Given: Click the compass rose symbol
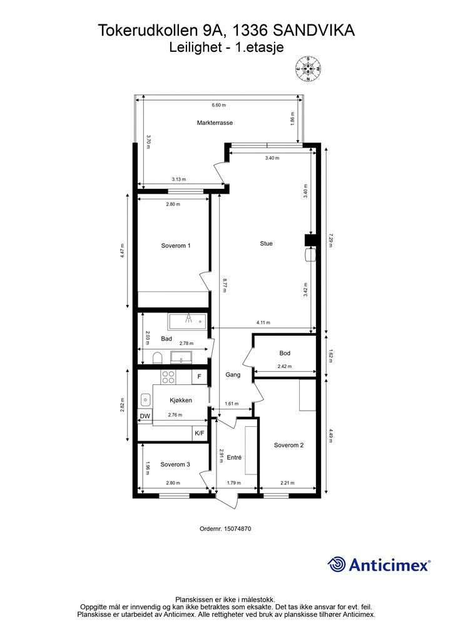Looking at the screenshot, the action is click(308, 68).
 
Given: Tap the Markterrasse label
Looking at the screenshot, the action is click(215, 122).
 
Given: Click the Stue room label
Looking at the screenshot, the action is click(266, 243).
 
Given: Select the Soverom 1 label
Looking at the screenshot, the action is click(176, 246).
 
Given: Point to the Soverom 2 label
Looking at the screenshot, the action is click(289, 445).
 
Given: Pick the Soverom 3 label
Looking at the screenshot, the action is click(175, 464).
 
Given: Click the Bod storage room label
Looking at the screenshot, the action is click(285, 353).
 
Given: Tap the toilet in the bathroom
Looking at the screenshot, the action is click(157, 358).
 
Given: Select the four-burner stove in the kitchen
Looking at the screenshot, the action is click(168, 377).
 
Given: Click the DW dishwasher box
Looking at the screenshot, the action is click(145, 416).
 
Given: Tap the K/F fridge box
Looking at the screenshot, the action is click(200, 434).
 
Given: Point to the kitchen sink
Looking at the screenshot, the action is click(145, 399).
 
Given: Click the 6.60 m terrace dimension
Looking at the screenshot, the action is click(218, 105).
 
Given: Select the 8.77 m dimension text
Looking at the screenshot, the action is click(224, 285).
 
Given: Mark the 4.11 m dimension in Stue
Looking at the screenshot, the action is click(263, 322).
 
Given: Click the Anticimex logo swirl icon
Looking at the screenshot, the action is click(337, 564).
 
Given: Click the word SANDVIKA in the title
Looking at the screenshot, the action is click(313, 31).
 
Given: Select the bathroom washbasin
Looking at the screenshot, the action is click(181, 357).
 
